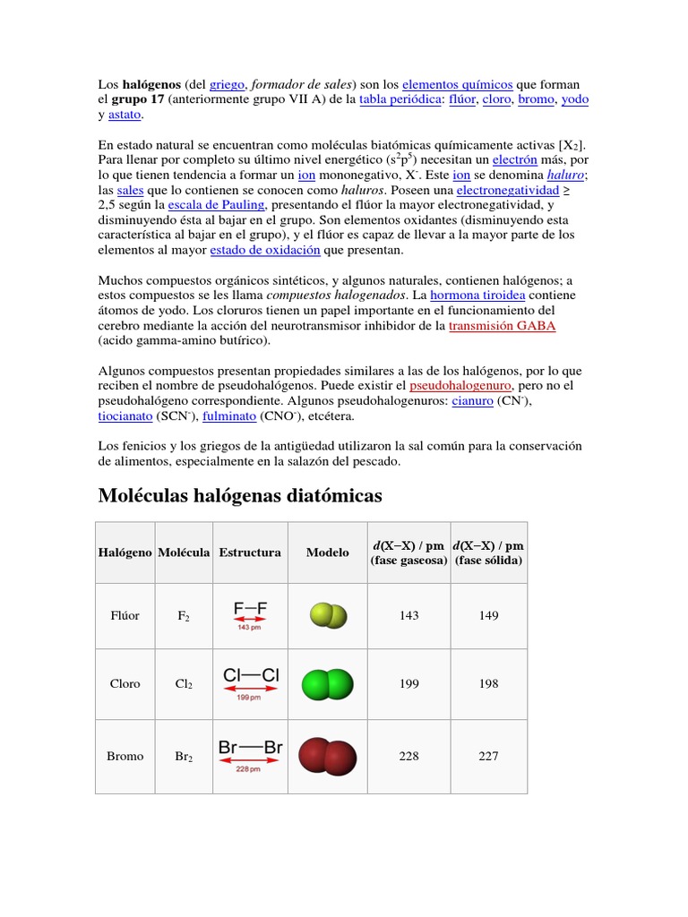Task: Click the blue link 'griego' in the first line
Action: [x=227, y=84]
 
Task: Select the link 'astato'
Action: [x=125, y=115]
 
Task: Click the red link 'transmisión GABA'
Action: [x=502, y=326]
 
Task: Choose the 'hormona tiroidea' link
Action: [x=477, y=295]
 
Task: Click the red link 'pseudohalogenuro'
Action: [x=460, y=386]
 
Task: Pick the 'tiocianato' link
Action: [x=125, y=416]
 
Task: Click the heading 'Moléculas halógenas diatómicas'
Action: [x=239, y=495]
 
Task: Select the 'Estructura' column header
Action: [x=250, y=553]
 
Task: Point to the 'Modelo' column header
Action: [x=327, y=553]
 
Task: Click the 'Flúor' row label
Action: [x=125, y=616]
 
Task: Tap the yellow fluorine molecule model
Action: [x=327, y=616]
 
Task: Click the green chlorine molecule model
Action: [x=327, y=684]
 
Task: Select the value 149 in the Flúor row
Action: [x=488, y=616]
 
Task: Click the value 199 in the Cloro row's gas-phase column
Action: [x=408, y=684]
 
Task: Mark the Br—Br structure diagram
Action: [x=250, y=754]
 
